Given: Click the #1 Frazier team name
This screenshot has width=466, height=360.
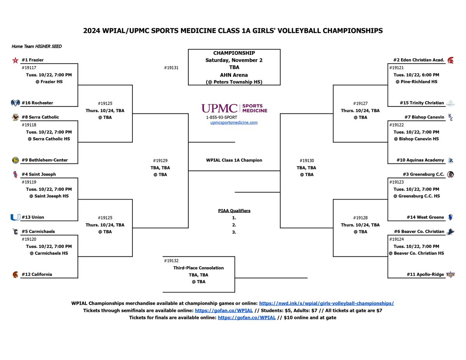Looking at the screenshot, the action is [x=33, y=60].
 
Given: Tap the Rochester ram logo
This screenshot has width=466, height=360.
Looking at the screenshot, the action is [x=15, y=103].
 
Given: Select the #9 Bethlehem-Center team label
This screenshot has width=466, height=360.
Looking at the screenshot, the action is [x=45, y=160].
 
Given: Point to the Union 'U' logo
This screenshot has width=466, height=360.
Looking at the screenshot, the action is [x=15, y=217].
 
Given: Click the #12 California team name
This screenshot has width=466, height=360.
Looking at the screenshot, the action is [x=37, y=274].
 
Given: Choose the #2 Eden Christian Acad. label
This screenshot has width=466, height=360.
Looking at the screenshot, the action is [x=419, y=60].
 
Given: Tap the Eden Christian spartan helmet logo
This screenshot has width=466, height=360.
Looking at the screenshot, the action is [x=450, y=60].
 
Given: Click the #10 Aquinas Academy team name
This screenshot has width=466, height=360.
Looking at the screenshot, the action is [x=420, y=160].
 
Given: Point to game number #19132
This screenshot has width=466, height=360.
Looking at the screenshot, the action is [x=171, y=261].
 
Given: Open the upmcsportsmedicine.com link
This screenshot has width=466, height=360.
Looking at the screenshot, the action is [x=234, y=123].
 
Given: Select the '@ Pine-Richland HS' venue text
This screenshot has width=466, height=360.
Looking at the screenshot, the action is [x=416, y=82].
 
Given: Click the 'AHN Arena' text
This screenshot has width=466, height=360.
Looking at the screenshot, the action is [x=234, y=75].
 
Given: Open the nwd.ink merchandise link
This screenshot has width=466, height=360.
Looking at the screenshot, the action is [x=326, y=303].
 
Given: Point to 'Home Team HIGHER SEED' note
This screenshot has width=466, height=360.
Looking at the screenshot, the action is [x=37, y=47].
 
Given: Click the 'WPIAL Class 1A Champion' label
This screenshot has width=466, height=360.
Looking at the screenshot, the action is [x=234, y=160].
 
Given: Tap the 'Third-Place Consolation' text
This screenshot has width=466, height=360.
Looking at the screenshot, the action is [x=198, y=268].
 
